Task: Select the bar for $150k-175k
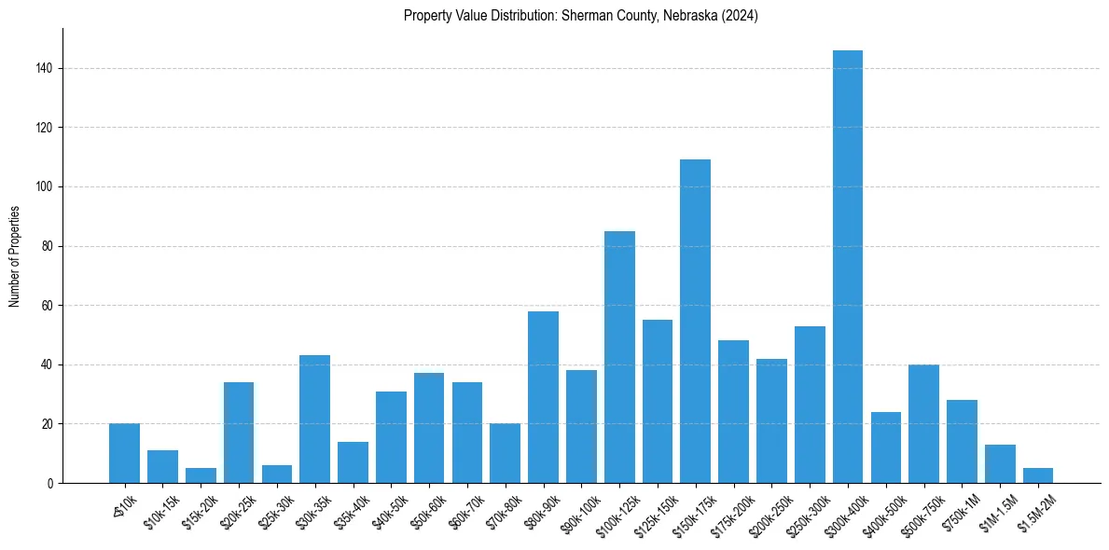695,322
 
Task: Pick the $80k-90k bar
543,397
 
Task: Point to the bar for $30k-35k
314,419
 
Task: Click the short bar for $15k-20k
201,476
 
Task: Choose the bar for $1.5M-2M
1037,476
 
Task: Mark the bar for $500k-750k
923,424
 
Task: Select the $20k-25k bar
239,433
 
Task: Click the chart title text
580,16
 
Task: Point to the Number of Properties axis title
15,256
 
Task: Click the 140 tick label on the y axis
42,68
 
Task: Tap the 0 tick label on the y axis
49,484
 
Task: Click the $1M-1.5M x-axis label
995,511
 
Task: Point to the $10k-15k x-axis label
159,511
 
